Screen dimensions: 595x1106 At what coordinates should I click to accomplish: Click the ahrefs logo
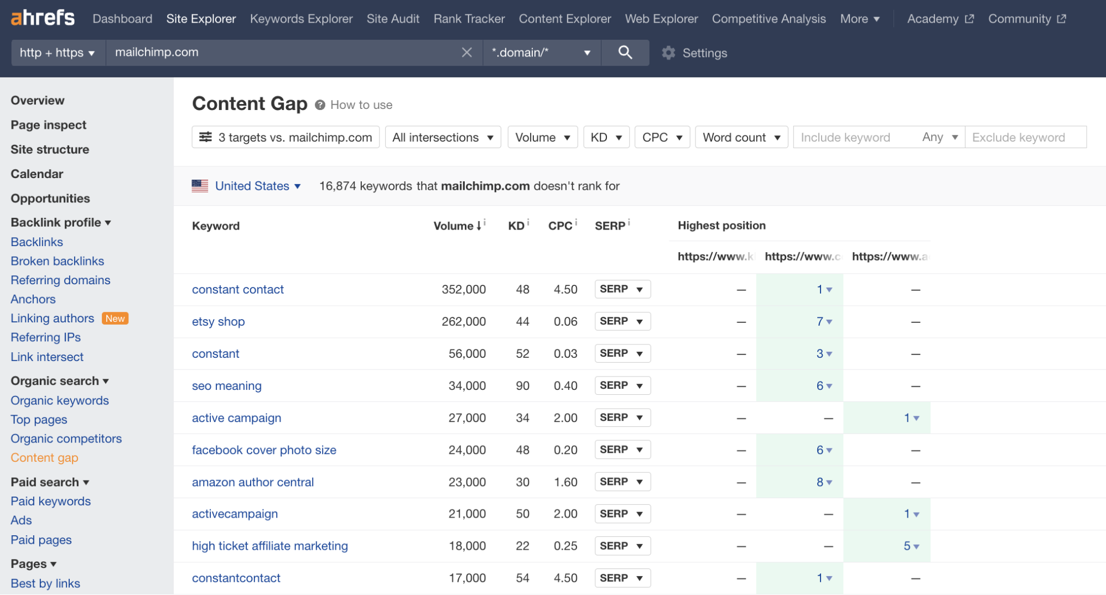coord(43,18)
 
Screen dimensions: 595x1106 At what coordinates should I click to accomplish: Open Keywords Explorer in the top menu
coord(301,19)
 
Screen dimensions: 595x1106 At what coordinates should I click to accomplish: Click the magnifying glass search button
coord(625,53)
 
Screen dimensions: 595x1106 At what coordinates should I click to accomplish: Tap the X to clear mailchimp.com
coord(466,53)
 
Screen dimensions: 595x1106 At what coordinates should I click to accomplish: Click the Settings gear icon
coord(668,53)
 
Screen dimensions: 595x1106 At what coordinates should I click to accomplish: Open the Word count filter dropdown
coord(741,137)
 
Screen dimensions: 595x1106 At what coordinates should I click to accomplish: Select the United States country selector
coord(252,186)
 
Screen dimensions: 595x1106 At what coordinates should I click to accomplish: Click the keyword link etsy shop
coord(218,321)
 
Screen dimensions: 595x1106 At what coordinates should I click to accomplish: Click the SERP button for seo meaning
coord(622,385)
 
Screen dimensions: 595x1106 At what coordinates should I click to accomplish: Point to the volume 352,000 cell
coord(463,289)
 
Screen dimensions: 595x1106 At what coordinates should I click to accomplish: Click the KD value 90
coord(522,385)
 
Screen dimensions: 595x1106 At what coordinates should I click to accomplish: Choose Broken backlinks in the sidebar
coord(57,261)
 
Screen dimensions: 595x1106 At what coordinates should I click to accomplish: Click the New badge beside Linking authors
coord(115,319)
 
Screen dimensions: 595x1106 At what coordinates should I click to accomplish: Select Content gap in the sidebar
coord(44,458)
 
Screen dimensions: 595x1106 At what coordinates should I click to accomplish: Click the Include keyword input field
coord(852,137)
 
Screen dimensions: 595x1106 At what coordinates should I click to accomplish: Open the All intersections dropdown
coord(442,137)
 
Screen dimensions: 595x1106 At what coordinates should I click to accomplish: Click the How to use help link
coord(361,105)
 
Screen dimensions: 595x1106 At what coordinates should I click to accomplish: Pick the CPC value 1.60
coord(565,482)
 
